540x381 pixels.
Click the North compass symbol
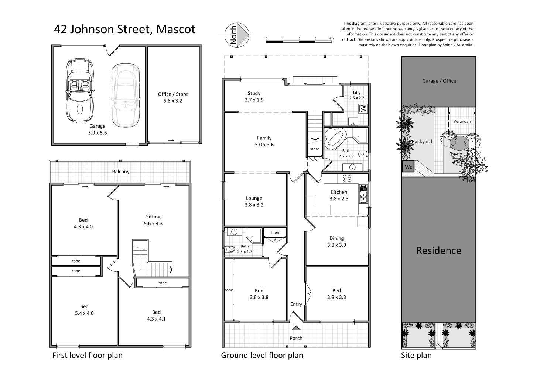237,35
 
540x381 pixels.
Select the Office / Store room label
173,97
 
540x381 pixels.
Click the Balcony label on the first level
121,172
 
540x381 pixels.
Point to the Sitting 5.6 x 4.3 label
153,220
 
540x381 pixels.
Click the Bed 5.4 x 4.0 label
84,310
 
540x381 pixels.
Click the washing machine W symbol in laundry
363,108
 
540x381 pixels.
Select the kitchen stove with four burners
347,179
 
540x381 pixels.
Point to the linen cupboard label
275,232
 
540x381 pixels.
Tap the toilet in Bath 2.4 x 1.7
231,249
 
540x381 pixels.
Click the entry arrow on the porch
296,328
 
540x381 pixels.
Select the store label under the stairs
314,149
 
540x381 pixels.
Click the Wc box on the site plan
408,167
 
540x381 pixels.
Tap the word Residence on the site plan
438,250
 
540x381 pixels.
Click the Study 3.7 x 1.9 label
254,97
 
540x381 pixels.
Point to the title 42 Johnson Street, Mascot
124,29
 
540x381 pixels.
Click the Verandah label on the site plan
462,121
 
